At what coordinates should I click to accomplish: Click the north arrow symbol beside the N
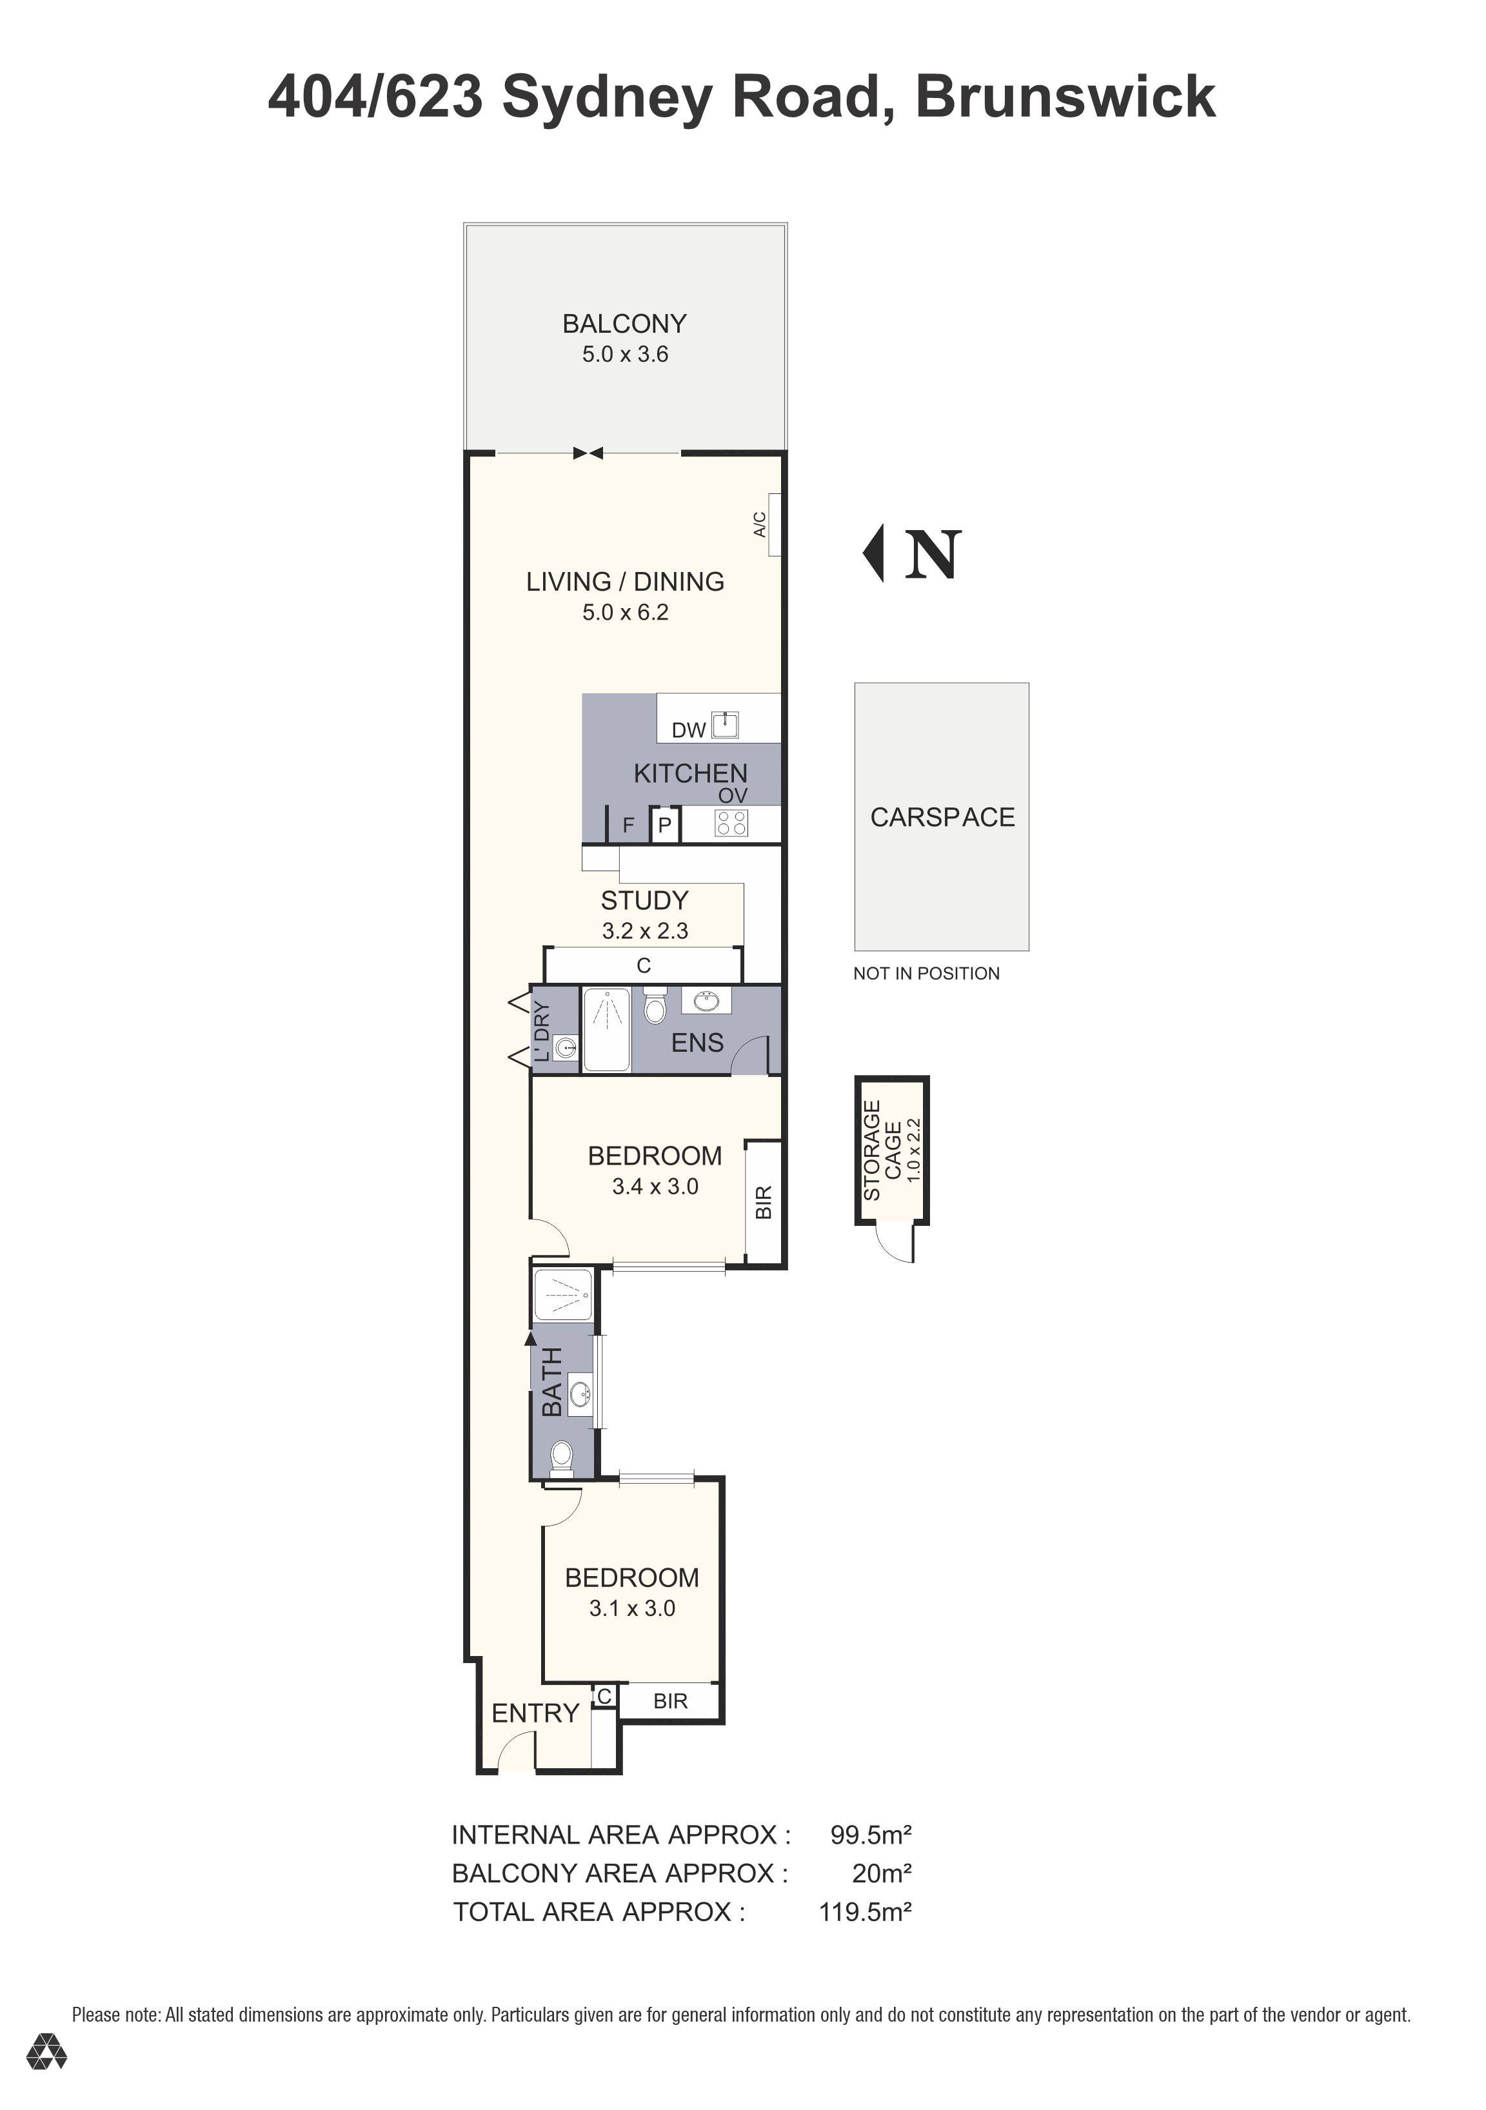[x=875, y=553]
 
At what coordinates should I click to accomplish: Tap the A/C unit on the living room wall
[x=775, y=525]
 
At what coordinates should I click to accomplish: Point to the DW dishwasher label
[x=688, y=730]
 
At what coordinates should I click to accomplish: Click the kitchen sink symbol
[x=725, y=725]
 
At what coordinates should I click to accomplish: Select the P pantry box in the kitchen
[x=664, y=825]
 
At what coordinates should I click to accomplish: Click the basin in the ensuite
[x=706, y=1001]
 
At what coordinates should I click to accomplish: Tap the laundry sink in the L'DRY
[x=567, y=1047]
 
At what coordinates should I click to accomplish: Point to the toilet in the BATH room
[x=560, y=1457]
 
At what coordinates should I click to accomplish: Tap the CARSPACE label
[x=942, y=817]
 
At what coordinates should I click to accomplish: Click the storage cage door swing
[x=894, y=1243]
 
